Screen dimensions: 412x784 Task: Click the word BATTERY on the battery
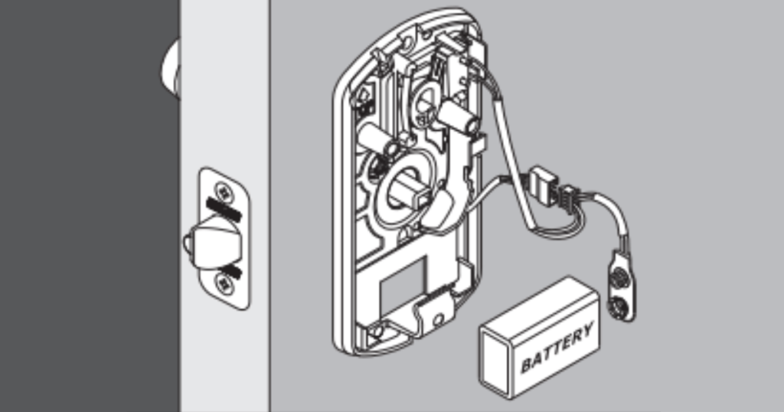557,348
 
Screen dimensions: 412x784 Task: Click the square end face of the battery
498,361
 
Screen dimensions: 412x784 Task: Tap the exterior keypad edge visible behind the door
169,68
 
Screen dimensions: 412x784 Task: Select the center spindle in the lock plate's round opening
401,188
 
